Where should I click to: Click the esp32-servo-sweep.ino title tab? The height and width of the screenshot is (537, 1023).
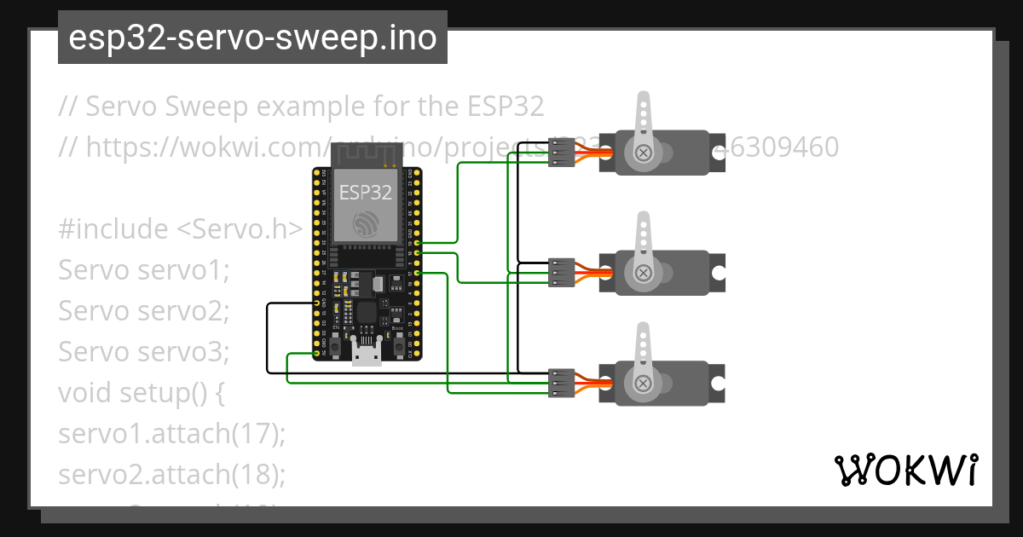point(252,38)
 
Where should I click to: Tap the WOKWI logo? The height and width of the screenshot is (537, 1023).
point(905,470)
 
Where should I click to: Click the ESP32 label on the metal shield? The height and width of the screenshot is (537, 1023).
point(366,191)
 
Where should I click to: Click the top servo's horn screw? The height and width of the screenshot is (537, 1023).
point(644,153)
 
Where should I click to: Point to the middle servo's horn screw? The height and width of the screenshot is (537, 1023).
point(644,273)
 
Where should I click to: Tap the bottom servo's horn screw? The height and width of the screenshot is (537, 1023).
point(644,383)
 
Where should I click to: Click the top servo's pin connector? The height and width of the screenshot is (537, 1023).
point(560,153)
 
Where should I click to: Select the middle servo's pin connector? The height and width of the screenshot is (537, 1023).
point(560,273)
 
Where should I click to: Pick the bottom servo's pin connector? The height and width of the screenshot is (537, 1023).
point(560,383)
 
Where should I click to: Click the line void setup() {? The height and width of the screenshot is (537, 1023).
point(141,393)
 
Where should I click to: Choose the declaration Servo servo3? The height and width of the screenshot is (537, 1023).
point(144,352)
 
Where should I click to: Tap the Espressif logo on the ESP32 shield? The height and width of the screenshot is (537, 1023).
point(367,223)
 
